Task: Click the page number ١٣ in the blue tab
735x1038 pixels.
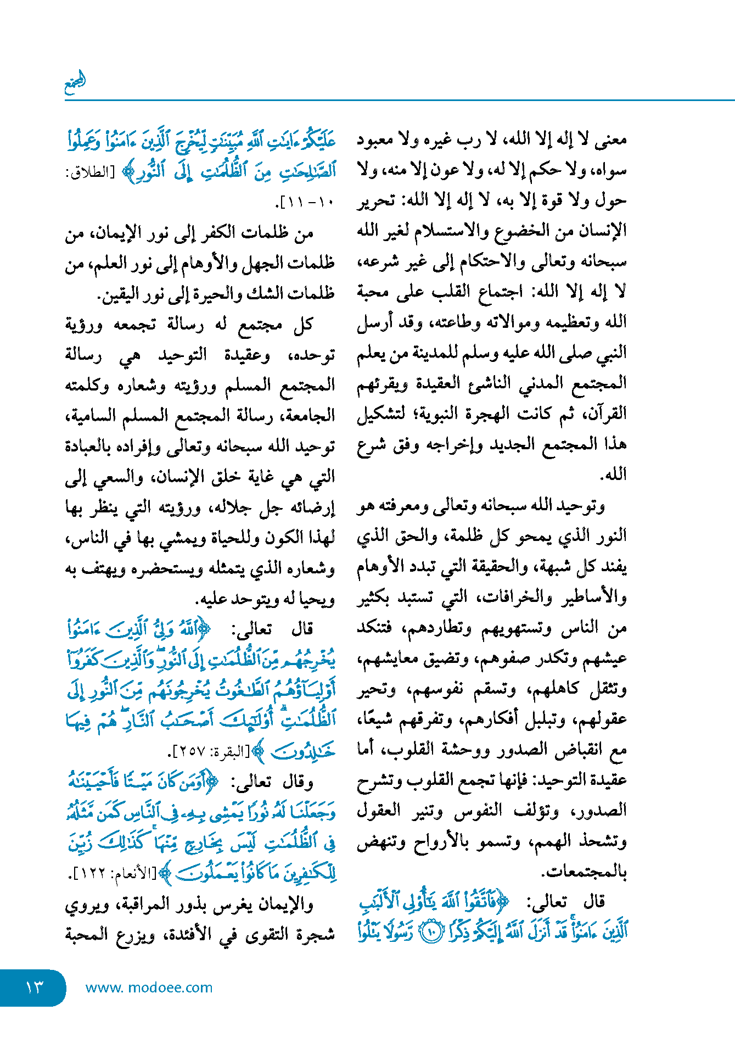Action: click(x=34, y=987)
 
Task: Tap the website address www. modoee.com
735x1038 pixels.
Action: click(x=149, y=987)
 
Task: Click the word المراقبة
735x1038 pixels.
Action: click(x=165, y=904)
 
